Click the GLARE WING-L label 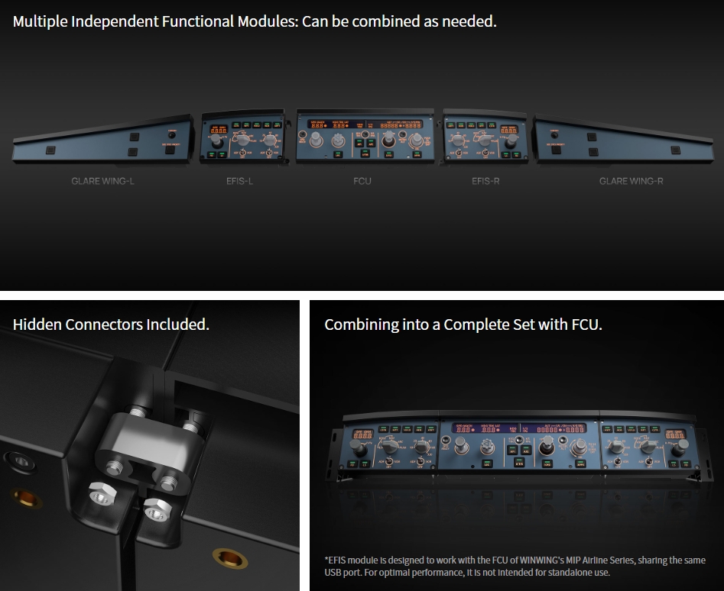pyautogui.click(x=102, y=181)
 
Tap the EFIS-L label pyautogui.click(x=239, y=181)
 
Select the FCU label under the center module pyautogui.click(x=363, y=181)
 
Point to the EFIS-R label pyautogui.click(x=485, y=181)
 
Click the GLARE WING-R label pyautogui.click(x=631, y=181)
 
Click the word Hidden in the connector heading pyautogui.click(x=37, y=325)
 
